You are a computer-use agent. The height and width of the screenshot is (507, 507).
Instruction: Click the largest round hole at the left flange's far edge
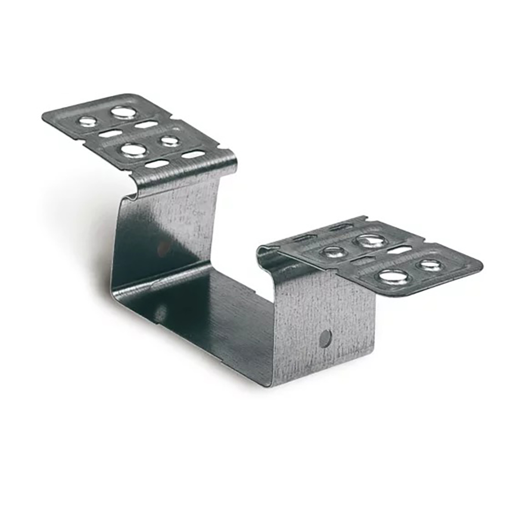(x=123, y=113)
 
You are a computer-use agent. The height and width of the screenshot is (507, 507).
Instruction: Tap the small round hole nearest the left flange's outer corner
(x=87, y=122)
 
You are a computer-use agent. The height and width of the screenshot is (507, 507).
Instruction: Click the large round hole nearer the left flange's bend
(x=133, y=150)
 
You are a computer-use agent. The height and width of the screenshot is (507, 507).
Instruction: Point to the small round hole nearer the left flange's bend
(x=170, y=141)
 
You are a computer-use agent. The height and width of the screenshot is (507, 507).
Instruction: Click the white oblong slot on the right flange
(x=399, y=249)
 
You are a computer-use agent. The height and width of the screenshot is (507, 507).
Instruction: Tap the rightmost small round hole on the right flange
(x=430, y=265)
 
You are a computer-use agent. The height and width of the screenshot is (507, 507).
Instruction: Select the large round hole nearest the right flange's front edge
(x=393, y=276)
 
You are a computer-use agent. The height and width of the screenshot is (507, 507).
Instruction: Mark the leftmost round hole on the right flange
(x=334, y=251)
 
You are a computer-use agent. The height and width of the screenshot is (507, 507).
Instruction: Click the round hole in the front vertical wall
(x=325, y=338)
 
